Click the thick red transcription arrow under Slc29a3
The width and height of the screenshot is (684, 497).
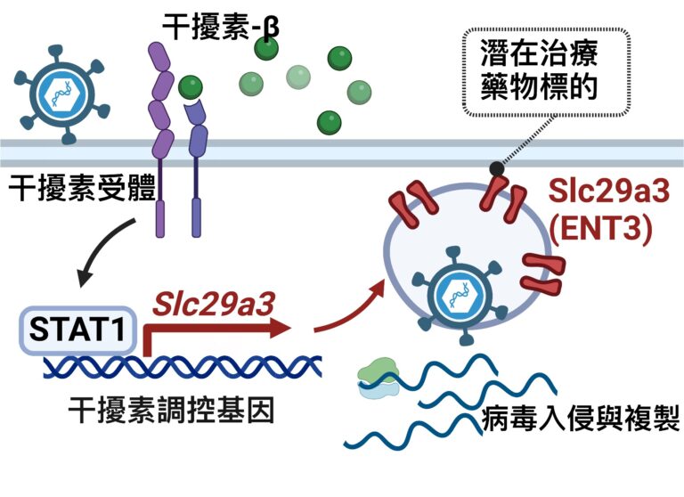pos(214,330)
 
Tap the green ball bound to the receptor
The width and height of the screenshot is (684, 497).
pos(188,87)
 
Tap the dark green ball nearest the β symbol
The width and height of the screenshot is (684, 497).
pos(265,50)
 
